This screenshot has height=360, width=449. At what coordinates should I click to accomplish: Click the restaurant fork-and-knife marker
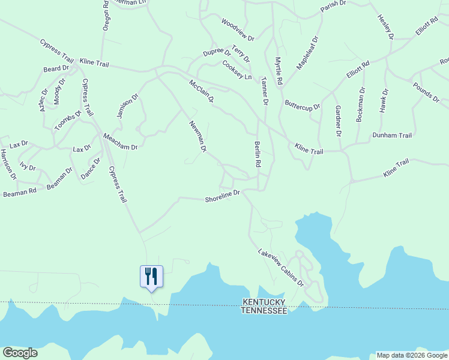[x=151, y=277]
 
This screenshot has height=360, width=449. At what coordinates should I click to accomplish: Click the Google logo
[x=20, y=353]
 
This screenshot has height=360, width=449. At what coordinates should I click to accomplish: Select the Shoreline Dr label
[x=222, y=193]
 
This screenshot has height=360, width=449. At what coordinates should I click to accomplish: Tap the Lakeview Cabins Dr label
[x=281, y=267]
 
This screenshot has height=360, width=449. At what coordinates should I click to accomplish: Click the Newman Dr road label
[x=198, y=136]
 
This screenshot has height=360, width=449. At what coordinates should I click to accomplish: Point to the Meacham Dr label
[x=121, y=142]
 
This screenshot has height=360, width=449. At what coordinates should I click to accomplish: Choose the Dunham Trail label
[x=392, y=136]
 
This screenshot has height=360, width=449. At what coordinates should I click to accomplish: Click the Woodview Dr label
[x=237, y=30]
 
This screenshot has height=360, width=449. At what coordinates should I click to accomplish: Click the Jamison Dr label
[x=128, y=106]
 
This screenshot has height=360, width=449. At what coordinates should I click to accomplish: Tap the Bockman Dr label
[x=360, y=105]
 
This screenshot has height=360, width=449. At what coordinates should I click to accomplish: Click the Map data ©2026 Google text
[x=411, y=355]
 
